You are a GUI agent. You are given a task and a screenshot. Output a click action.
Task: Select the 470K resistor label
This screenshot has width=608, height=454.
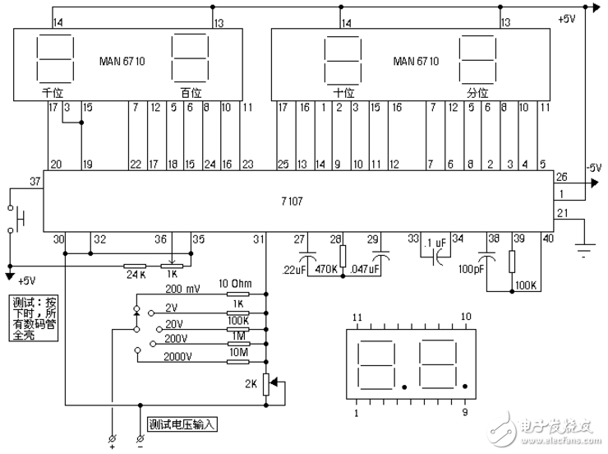click(x=326, y=269)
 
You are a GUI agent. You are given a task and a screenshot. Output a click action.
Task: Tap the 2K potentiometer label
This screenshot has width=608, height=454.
click(x=251, y=383)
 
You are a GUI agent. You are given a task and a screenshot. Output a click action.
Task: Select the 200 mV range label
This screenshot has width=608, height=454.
click(x=184, y=290)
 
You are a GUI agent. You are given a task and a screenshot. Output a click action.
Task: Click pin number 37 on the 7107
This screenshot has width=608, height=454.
click(x=35, y=180)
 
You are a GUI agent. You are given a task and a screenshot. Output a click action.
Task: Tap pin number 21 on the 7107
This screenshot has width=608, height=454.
click(x=562, y=214)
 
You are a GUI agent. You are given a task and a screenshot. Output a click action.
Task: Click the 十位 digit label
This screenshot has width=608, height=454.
click(x=343, y=93)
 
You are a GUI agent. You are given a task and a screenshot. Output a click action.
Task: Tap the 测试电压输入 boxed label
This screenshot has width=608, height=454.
click(x=181, y=425)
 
